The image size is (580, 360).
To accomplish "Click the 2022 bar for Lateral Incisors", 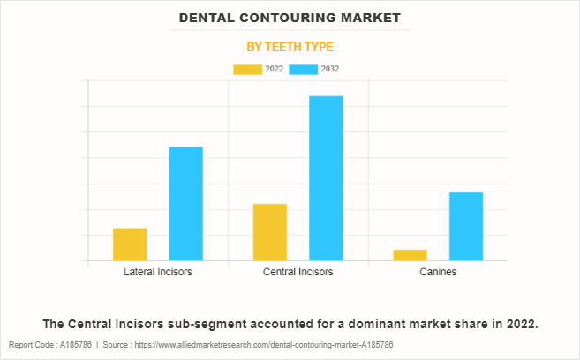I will (x=130, y=244).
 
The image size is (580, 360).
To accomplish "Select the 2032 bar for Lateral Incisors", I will (x=185, y=204).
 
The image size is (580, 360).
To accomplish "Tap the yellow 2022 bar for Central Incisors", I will (x=269, y=232).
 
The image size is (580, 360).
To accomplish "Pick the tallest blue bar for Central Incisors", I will (x=326, y=178).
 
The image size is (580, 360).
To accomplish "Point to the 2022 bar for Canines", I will (x=410, y=255).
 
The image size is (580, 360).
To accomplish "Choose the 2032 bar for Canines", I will (x=466, y=227).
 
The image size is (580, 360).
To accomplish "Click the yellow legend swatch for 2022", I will (x=247, y=69).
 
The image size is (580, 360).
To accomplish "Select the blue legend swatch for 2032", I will (x=303, y=69).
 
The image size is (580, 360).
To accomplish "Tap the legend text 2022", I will (x=274, y=69).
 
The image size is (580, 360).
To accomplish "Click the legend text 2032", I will (x=330, y=69).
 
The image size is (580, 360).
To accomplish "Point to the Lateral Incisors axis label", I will (x=158, y=272).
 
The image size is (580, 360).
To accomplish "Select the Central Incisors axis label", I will (x=298, y=272).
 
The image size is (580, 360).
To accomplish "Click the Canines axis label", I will (x=438, y=272).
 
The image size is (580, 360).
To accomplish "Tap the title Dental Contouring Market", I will (x=290, y=18).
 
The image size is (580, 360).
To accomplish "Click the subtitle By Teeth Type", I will (x=290, y=47).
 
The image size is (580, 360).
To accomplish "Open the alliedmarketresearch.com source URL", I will (x=273, y=345).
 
